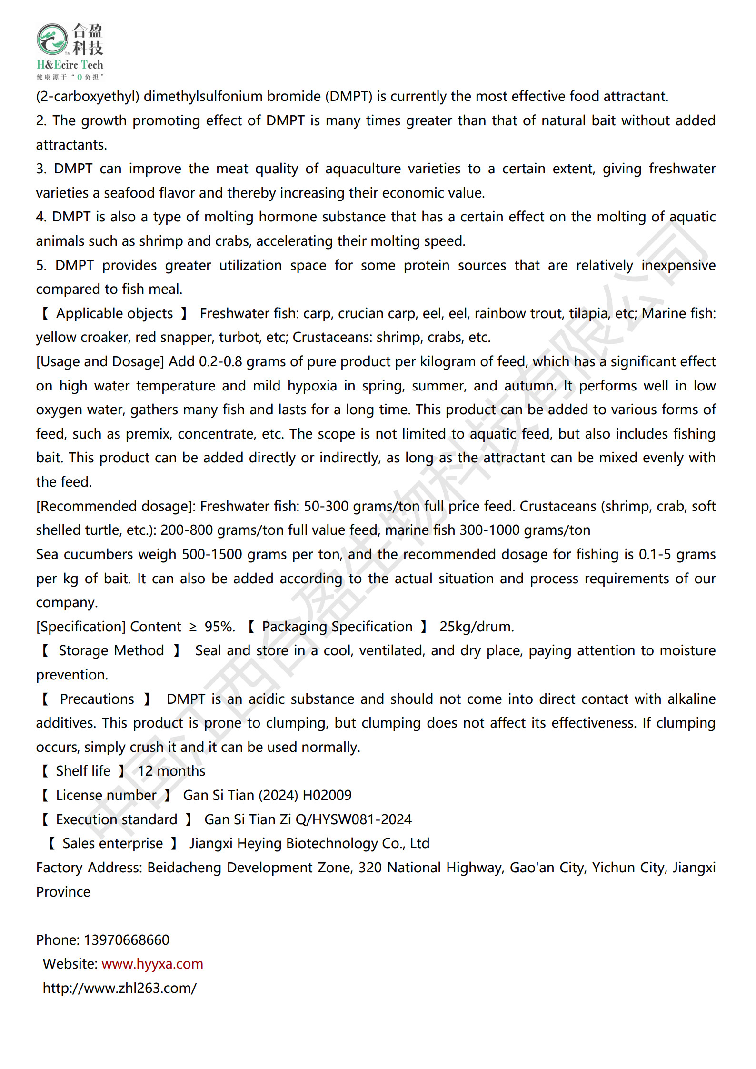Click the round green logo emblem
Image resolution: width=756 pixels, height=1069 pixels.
coord(52,39)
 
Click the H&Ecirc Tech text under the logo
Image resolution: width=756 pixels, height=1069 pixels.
coord(70,65)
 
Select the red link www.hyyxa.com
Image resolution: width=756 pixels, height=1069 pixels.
coord(152,964)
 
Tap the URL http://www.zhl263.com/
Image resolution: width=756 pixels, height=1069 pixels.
coord(119,988)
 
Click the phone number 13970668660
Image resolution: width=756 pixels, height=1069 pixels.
coord(127,940)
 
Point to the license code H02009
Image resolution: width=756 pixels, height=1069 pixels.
coord(327,795)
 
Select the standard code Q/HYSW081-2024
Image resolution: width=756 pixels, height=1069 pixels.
coord(353,819)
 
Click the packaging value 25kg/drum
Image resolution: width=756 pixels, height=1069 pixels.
coord(477,627)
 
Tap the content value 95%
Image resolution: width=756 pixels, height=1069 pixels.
coord(219,627)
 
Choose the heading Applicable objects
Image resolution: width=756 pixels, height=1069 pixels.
coord(114,313)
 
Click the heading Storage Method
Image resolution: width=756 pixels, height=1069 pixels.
coord(111,650)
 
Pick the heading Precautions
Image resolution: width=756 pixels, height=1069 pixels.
coord(97,699)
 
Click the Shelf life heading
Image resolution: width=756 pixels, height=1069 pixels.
coord(83,771)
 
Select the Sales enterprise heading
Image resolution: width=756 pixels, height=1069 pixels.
coord(112,843)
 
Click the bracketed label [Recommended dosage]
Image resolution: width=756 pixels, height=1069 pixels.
coord(116,506)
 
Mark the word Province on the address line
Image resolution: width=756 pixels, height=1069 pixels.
coord(63,892)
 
